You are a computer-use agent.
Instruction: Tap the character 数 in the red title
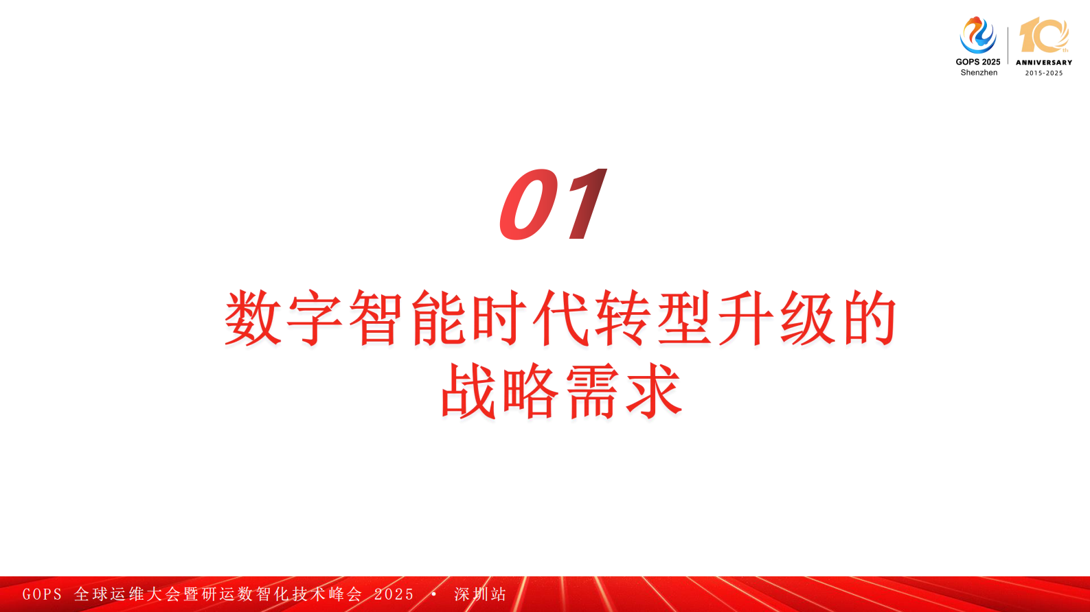click(x=253, y=318)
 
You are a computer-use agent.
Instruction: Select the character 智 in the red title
click(x=376, y=318)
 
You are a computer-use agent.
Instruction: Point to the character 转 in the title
click(x=622, y=318)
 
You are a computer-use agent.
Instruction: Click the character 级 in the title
click(x=807, y=318)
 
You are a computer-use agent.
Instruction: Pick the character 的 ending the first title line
click(x=870, y=318)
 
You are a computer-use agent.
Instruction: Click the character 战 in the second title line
click(x=468, y=391)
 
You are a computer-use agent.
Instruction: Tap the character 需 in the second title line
click(x=591, y=391)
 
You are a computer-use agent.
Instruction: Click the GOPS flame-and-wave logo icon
click(x=977, y=36)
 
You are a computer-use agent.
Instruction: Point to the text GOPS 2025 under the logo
click(x=978, y=62)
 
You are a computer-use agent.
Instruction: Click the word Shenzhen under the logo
click(x=979, y=73)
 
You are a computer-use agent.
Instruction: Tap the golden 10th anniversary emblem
click(x=1044, y=36)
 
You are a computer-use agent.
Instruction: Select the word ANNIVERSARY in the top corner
click(x=1044, y=62)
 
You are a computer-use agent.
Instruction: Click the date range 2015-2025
click(x=1044, y=73)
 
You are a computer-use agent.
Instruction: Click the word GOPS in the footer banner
click(x=42, y=594)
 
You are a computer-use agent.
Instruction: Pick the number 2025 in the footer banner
click(x=394, y=594)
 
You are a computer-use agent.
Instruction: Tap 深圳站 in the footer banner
click(x=480, y=594)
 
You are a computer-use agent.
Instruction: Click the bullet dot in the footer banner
click(x=434, y=593)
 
